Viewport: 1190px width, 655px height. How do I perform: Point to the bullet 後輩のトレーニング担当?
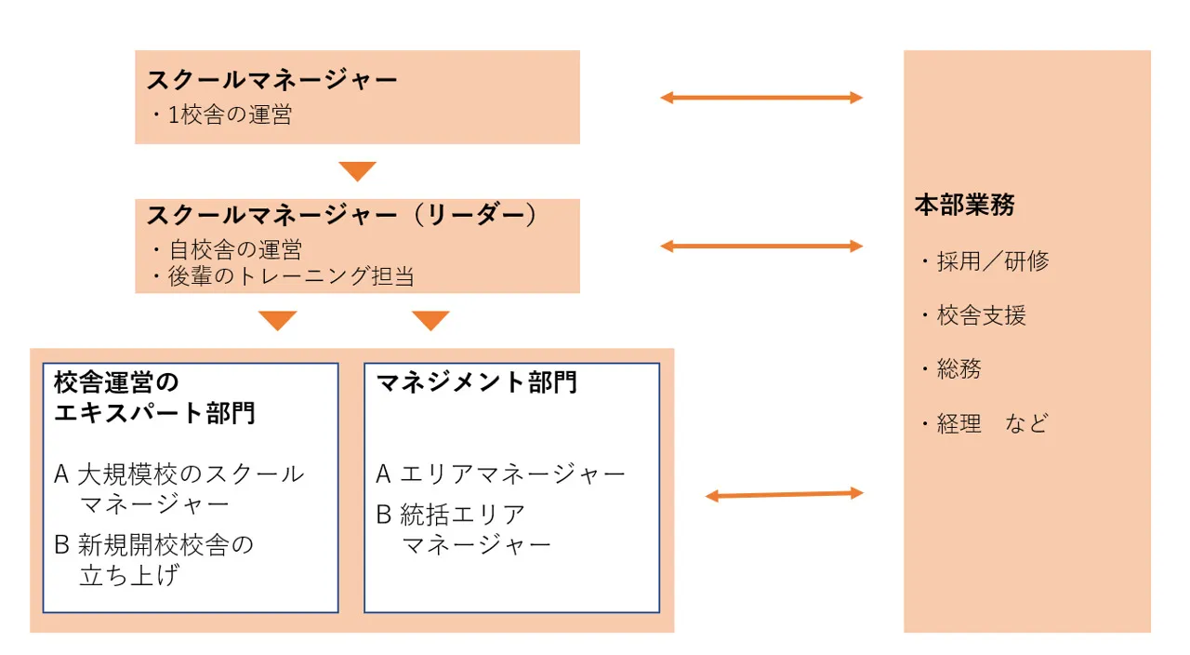pyautogui.click(x=284, y=276)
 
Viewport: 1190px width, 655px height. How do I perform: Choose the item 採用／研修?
pyautogui.click(x=989, y=261)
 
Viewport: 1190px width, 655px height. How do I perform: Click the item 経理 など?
pyautogui.click(x=989, y=424)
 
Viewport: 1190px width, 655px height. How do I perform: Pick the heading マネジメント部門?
pyautogui.click(x=476, y=382)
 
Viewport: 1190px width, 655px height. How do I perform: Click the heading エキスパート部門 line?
pyautogui.click(x=154, y=413)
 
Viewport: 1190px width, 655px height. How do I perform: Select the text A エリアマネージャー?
pyautogui.click(x=500, y=475)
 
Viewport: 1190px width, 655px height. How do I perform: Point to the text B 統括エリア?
pyautogui.click(x=451, y=514)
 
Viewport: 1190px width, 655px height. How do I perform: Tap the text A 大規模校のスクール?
pyautogui.click(x=179, y=474)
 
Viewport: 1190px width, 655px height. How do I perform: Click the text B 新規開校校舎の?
pyautogui.click(x=154, y=544)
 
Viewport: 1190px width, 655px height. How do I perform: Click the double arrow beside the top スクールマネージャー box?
pyautogui.click(x=761, y=97)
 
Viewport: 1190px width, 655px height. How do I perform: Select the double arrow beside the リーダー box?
pyautogui.click(x=761, y=246)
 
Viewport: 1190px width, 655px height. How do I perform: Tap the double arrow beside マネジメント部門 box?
pyautogui.click(x=784, y=495)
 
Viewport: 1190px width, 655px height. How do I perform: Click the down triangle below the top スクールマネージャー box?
pyautogui.click(x=357, y=170)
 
